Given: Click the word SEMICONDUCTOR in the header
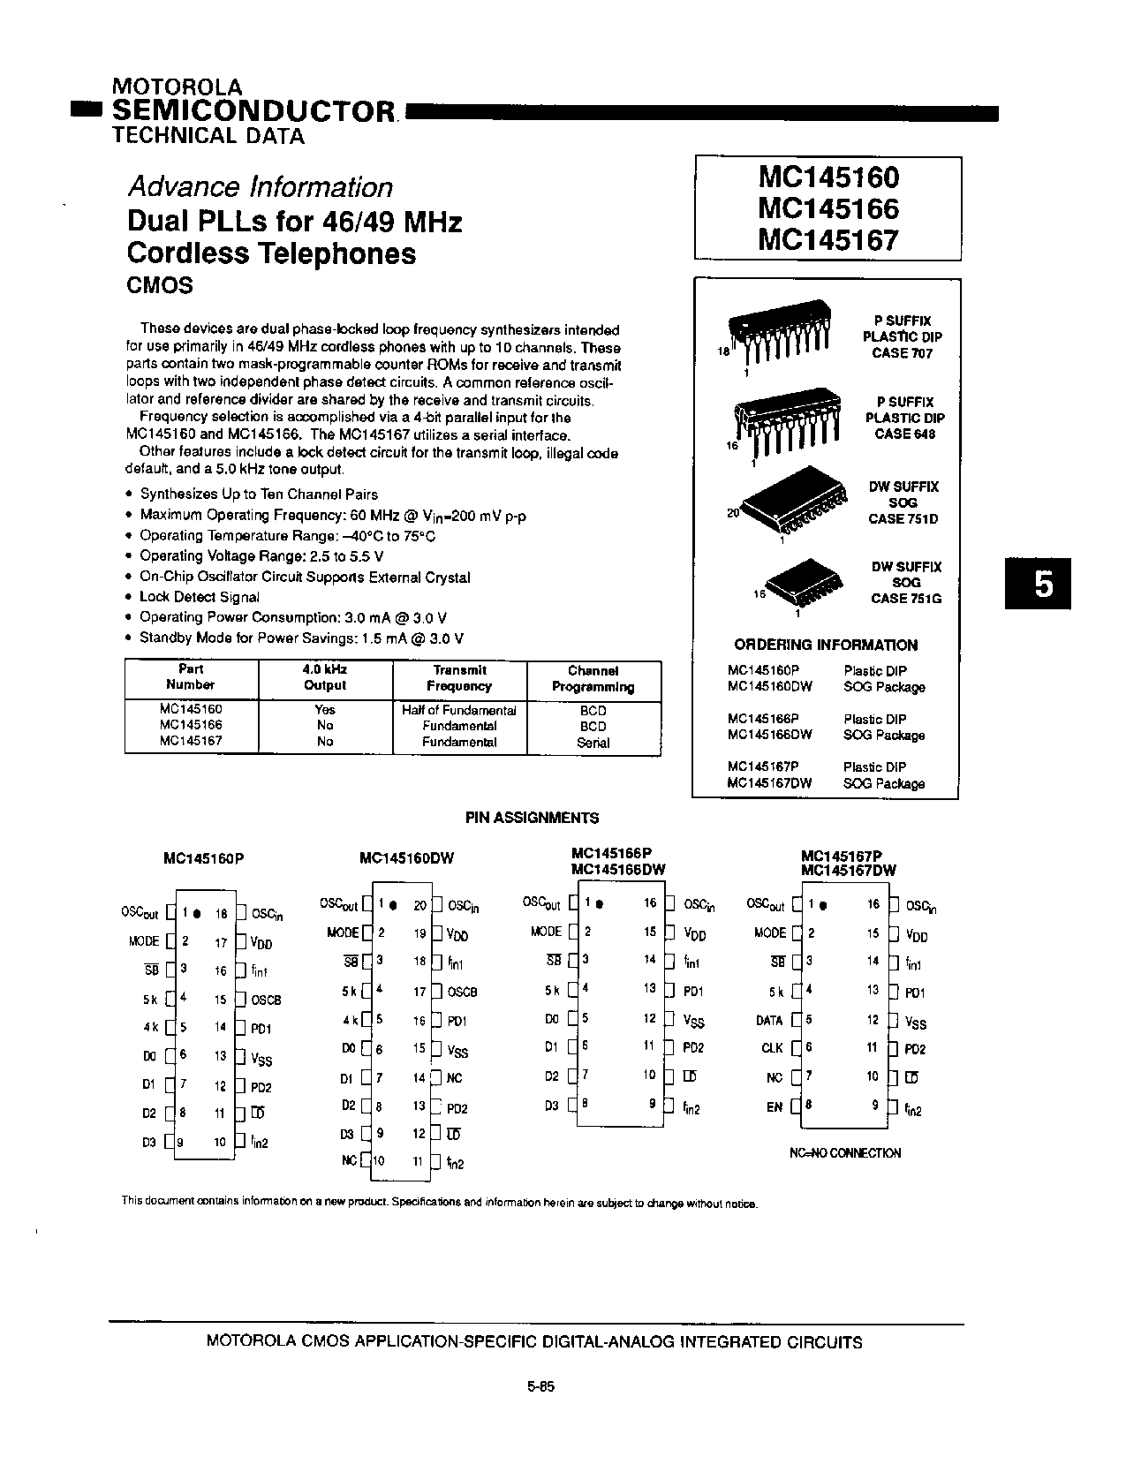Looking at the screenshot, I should (x=253, y=111).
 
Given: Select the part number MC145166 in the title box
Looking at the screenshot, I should (x=827, y=209).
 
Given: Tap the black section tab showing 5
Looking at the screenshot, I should (x=1043, y=584).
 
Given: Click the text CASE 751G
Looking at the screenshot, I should (x=905, y=599).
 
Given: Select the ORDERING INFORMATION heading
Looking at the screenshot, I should (x=826, y=645).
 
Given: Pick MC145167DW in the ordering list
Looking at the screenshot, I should (x=769, y=783).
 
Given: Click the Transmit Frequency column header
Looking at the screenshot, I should (x=459, y=678).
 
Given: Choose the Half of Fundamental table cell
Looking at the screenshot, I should (x=459, y=710).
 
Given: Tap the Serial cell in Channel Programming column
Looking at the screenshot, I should (x=593, y=743).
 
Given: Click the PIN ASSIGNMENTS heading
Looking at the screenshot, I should (x=532, y=818).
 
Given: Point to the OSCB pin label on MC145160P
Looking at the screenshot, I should (x=266, y=1000).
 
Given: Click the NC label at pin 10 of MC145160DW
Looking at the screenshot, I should (x=349, y=1160).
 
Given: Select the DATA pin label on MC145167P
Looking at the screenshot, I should (x=769, y=1020).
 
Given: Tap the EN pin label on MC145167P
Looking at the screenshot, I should (x=775, y=1106).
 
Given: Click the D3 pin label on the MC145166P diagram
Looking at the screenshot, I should (x=552, y=1106).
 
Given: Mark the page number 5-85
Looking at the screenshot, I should (x=540, y=1386).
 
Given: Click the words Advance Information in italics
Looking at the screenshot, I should (x=260, y=187).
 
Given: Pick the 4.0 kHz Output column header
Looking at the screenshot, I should (x=324, y=678).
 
